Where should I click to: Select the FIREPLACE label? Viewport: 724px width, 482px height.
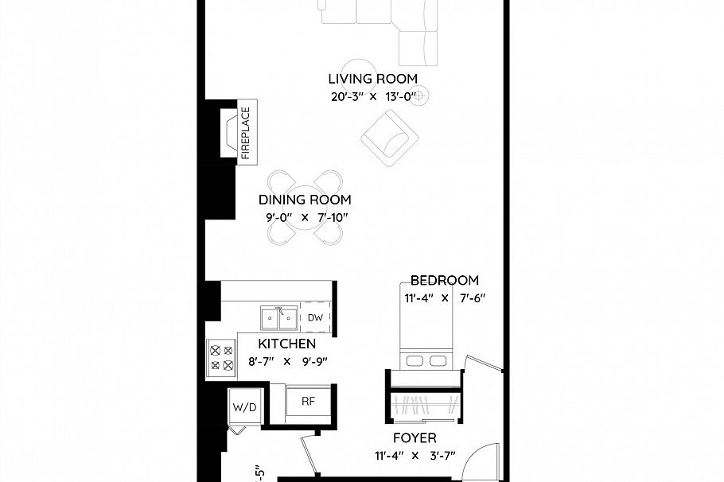(245, 133)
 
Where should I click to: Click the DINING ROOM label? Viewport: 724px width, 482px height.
(305, 200)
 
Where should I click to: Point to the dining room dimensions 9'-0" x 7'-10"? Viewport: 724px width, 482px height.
(305, 217)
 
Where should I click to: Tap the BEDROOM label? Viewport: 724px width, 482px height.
(444, 280)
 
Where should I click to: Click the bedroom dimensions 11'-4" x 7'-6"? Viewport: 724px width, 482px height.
(444, 298)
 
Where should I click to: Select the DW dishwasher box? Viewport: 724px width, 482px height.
(315, 317)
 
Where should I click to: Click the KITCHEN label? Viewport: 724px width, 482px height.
(286, 344)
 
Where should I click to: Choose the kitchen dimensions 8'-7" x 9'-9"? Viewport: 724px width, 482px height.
(286, 361)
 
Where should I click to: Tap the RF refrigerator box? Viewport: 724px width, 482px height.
(309, 401)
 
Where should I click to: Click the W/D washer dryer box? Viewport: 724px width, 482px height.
(244, 407)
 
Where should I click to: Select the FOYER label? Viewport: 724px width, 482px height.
(415, 437)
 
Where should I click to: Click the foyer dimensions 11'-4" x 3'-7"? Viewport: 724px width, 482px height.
(415, 456)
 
